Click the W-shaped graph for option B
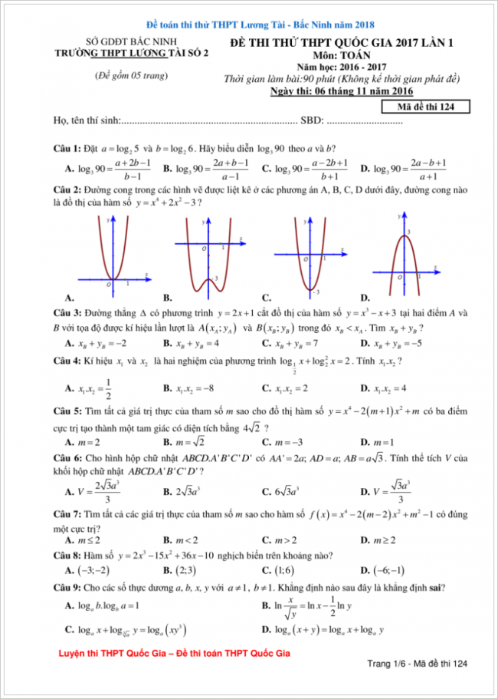[x=205, y=257]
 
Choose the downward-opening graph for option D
[x=404, y=257]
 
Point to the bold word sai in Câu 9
[x=438, y=588]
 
